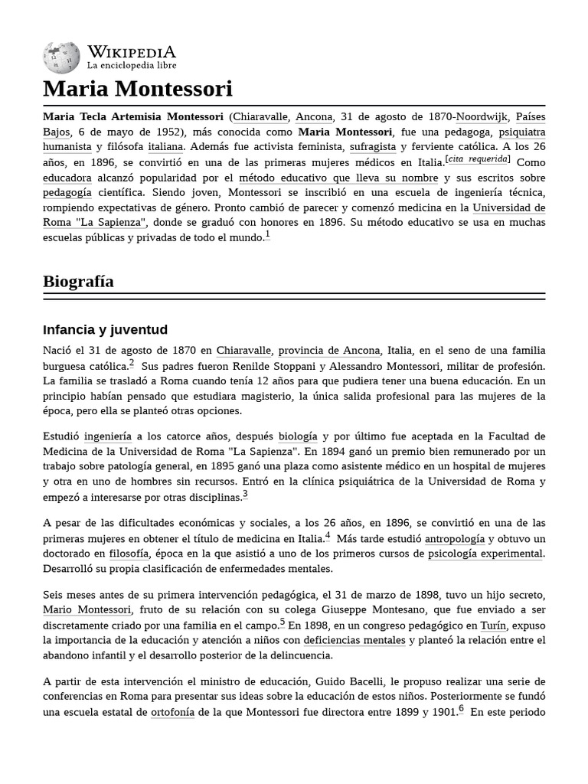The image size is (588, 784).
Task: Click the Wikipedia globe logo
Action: (61, 57)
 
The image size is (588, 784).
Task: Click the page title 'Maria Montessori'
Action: (138, 89)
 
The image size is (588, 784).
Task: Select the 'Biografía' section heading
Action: (79, 281)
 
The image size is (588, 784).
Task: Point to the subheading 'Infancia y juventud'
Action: (106, 330)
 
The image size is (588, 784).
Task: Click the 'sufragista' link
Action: (373, 146)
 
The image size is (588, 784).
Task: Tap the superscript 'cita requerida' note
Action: (479, 159)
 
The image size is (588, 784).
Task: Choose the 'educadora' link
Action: (67, 178)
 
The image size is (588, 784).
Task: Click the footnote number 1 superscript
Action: (267, 236)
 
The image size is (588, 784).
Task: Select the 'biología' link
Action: (297, 436)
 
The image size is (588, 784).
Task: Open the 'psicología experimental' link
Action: (485, 554)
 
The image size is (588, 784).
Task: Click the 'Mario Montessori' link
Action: (87, 609)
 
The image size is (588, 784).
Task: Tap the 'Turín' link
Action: (494, 625)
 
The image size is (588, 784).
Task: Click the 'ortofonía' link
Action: (173, 712)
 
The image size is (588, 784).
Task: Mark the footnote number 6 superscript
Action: (462, 709)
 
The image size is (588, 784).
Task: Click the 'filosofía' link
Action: (129, 554)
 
